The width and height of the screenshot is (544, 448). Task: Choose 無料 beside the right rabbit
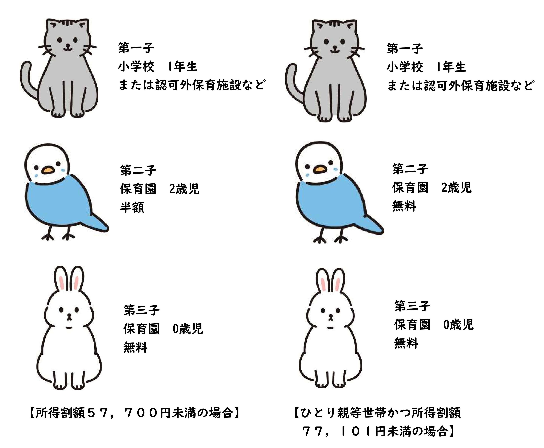pos(406,343)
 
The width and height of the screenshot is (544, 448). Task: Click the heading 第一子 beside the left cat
pos(136,48)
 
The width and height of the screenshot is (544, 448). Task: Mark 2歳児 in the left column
pos(184,189)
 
